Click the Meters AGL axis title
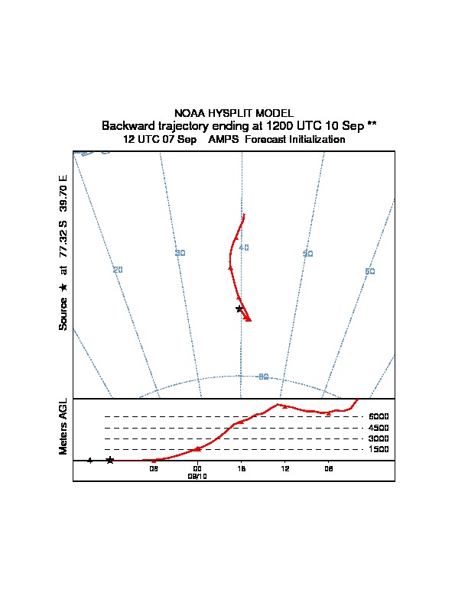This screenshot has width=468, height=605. (63, 427)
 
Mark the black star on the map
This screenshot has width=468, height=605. (239, 309)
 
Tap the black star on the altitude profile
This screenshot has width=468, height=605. (110, 460)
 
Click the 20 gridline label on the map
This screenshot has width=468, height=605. (118, 270)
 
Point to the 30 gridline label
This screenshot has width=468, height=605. (180, 253)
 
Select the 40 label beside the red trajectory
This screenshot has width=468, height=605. (244, 247)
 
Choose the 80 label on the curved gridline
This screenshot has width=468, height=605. (263, 377)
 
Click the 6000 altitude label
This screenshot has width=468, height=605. (379, 417)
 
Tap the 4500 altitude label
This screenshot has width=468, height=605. (379, 428)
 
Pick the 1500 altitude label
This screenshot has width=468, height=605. (379, 449)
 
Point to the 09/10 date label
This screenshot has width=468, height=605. (197, 475)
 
